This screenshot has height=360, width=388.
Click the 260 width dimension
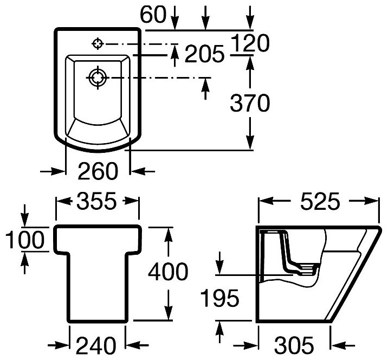click(98, 172)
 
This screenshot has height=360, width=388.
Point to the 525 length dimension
click(318, 202)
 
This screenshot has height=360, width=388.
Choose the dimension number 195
click(219, 298)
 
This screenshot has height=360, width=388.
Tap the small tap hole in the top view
click(98, 43)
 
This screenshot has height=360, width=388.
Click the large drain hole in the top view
click(98, 78)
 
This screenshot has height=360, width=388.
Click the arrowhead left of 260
click(59, 172)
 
